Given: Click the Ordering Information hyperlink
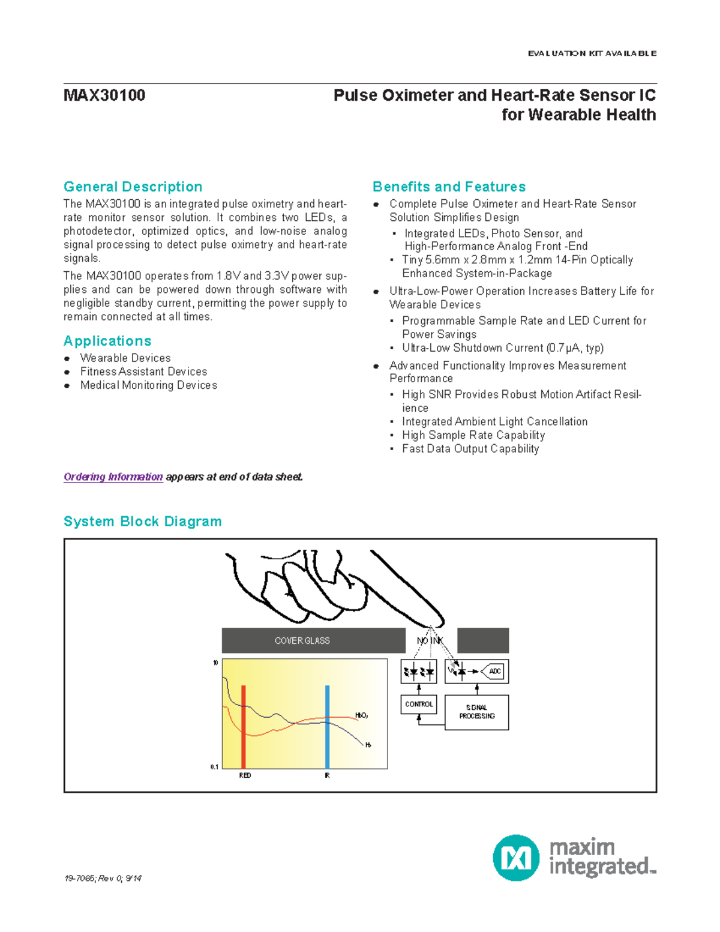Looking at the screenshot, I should coord(113,477).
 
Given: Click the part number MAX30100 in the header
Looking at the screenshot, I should coord(104,95).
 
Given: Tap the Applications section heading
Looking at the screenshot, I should coord(107,341).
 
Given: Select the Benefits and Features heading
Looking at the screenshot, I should coord(449,187).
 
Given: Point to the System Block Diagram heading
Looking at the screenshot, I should coord(143,522).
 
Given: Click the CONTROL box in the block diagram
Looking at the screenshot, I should coord(419,704).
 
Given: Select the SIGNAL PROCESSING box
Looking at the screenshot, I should coord(477,712).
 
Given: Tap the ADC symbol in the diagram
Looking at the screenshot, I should coord(494,672).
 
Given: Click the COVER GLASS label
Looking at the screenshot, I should coord(302,641).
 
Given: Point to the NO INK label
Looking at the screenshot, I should coord(430,641).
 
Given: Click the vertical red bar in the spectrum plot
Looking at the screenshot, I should coord(244,727).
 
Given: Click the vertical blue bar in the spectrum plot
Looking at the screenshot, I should coord(327,727).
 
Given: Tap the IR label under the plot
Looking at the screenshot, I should coord(327,775).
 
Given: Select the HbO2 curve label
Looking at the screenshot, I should coord(361,715).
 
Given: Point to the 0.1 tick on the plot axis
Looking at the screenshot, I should coord(214,767).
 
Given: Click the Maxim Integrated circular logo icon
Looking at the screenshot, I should coord(516,858).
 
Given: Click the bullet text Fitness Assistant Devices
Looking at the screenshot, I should coord(143,371).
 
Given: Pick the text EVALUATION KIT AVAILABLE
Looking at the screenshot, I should coord(592,53).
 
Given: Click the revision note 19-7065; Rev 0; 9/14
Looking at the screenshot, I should coord(103,879).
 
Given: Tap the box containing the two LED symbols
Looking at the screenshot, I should coord(419,672).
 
